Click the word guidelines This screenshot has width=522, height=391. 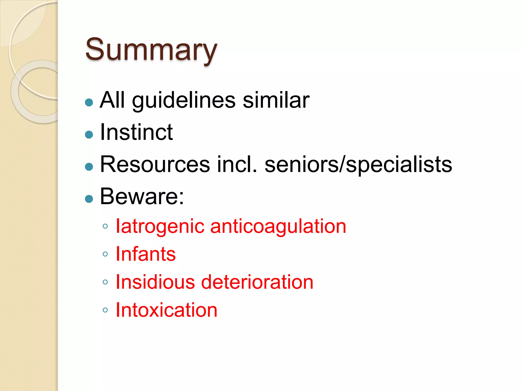(184, 100)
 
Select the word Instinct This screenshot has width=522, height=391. (137, 132)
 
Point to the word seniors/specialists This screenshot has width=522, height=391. (358, 165)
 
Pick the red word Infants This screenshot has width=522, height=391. (146, 254)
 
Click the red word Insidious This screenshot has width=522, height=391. (155, 282)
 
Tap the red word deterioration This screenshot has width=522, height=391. (257, 282)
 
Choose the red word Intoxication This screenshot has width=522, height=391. (166, 310)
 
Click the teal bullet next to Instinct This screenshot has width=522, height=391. (89, 134)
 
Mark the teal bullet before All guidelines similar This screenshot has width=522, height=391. (89, 102)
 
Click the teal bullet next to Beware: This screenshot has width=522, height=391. (89, 199)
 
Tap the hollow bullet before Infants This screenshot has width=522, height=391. (105, 254)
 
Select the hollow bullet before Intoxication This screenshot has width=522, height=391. (105, 310)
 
